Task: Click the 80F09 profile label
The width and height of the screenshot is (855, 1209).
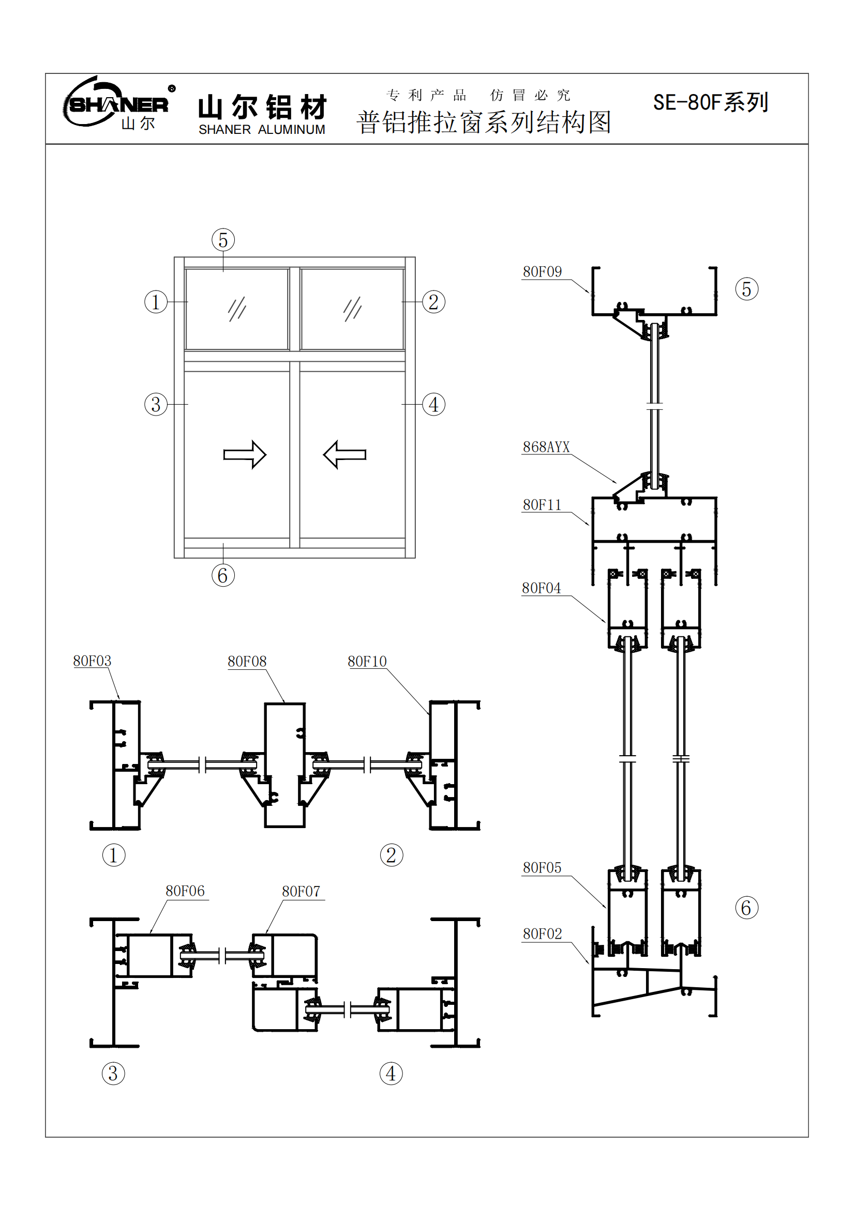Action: (542, 272)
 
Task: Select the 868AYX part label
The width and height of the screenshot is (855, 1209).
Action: (546, 447)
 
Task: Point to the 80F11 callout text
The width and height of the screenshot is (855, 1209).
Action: (542, 505)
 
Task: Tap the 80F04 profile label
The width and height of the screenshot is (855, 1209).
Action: (541, 588)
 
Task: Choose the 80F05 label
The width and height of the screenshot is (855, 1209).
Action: (542, 868)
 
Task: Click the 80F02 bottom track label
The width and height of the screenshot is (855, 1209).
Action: (542, 934)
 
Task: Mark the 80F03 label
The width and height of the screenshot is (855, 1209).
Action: (92, 661)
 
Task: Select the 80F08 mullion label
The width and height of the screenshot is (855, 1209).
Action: (247, 662)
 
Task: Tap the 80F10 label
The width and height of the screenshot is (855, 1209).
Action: (367, 662)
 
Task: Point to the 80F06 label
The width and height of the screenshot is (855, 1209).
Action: (185, 891)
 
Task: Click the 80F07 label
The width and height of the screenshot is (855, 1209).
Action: (301, 892)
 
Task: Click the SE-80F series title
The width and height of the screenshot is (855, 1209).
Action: (710, 102)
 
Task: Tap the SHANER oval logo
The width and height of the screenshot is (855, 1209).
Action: (117, 104)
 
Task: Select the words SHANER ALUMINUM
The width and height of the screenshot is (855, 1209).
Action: (262, 130)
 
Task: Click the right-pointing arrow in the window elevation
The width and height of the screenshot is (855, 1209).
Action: (245, 454)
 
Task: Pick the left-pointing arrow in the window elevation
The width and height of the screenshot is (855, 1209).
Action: (344, 454)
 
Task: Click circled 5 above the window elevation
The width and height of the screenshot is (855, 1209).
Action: (223, 240)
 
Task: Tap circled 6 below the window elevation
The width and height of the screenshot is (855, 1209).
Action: (223, 575)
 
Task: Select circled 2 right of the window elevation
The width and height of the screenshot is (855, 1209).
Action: (433, 302)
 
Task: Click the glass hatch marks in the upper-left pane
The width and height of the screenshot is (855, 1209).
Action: (237, 309)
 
